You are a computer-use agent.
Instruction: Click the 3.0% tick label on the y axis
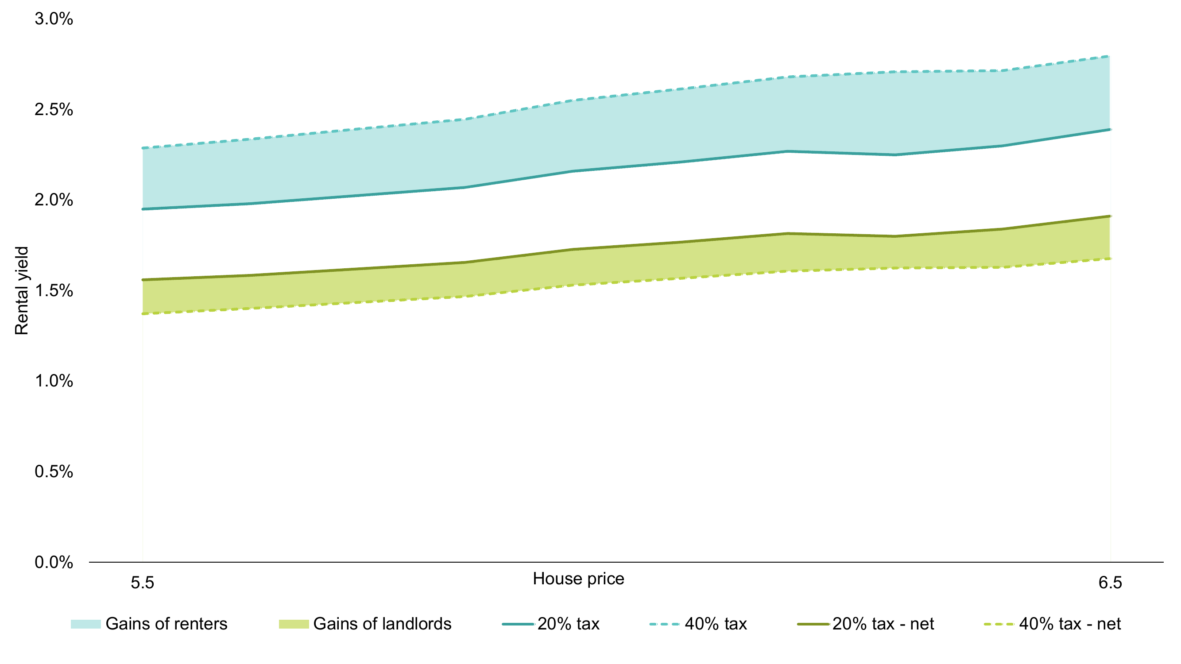[x=54, y=19]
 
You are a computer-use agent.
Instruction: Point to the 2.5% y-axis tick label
[x=54, y=109]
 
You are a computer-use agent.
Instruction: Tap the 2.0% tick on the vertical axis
[x=54, y=200]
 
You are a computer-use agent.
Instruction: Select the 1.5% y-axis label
[x=54, y=290]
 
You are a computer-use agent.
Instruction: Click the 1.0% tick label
[x=54, y=381]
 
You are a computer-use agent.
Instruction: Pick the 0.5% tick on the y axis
[x=54, y=471]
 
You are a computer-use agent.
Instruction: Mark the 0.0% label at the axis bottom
[x=54, y=562]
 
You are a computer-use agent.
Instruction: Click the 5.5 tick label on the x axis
[x=142, y=583]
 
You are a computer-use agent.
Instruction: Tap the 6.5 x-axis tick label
[x=1110, y=583]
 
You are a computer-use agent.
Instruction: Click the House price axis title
[x=578, y=579]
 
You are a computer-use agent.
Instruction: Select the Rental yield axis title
[x=22, y=290]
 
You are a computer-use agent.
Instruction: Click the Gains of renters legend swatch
[x=85, y=624]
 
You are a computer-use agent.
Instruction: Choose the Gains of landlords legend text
[x=382, y=624]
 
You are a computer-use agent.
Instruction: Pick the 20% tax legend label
[x=568, y=624]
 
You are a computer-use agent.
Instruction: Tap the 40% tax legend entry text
[x=715, y=624]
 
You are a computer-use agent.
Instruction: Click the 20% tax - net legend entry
[x=883, y=624]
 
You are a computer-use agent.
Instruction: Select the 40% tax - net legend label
[x=1069, y=624]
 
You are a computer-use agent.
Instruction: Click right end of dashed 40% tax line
[x=1109, y=56]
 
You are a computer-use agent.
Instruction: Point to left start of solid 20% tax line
[x=143, y=209]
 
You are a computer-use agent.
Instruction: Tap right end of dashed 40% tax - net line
[x=1109, y=259]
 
